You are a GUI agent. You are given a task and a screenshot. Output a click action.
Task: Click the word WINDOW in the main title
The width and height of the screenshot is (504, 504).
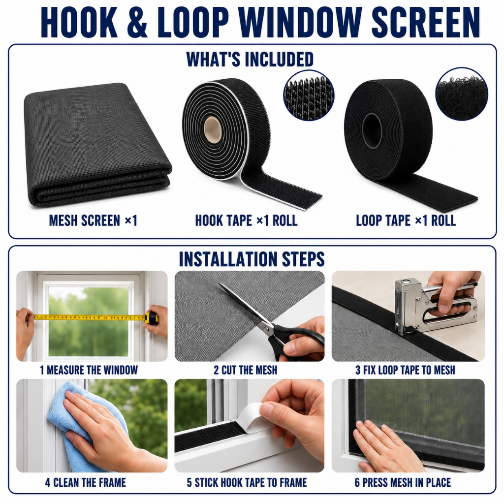pos(300,23)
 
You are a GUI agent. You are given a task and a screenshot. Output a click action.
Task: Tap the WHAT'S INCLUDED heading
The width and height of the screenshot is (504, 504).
pos(250,59)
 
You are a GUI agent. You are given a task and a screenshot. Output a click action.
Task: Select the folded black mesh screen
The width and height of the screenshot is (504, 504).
pos(98,145)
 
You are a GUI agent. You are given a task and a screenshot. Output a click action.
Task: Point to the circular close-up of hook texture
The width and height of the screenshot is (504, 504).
pos(309,95)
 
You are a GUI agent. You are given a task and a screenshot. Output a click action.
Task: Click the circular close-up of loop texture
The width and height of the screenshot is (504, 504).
pos(462,94)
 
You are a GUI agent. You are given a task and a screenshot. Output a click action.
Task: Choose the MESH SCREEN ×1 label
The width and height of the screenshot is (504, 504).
pos(93,220)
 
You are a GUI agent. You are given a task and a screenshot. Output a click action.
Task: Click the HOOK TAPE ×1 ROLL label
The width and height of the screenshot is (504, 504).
pos(246,220)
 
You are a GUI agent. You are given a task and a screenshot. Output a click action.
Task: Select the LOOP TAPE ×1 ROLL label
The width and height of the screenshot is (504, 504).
pos(406,220)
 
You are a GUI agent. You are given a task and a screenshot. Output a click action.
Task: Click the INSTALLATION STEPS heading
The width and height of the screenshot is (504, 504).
pos(252,259)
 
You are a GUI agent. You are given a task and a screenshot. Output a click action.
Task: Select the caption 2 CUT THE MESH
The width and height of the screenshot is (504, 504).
pos(245,370)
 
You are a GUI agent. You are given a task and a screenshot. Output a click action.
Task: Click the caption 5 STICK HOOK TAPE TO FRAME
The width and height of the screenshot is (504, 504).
pos(247,482)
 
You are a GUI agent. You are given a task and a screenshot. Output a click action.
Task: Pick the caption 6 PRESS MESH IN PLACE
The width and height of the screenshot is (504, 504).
pos(403,482)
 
